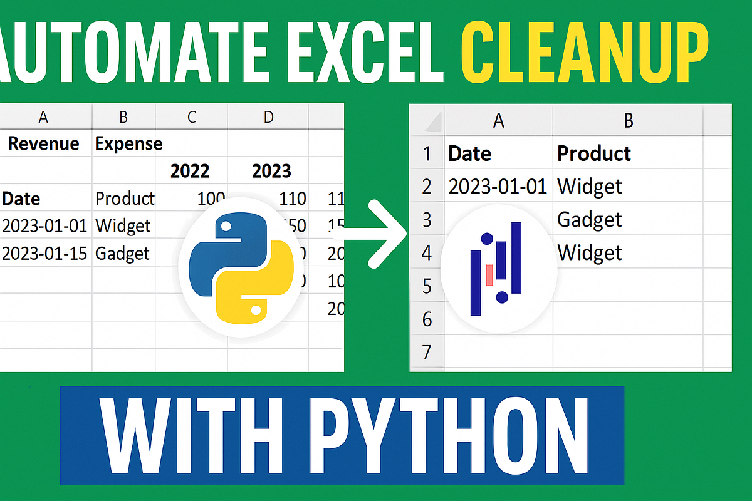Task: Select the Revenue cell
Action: point(43,144)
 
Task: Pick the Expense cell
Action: point(128,144)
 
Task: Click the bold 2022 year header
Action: point(190,170)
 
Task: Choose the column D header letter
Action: point(268,117)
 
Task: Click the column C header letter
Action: point(191,117)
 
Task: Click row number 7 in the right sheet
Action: point(427,352)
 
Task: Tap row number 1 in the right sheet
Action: point(427,153)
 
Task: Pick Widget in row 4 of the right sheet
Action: point(589,253)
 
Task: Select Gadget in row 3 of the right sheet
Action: point(589,220)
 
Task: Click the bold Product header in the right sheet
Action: point(593,153)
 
